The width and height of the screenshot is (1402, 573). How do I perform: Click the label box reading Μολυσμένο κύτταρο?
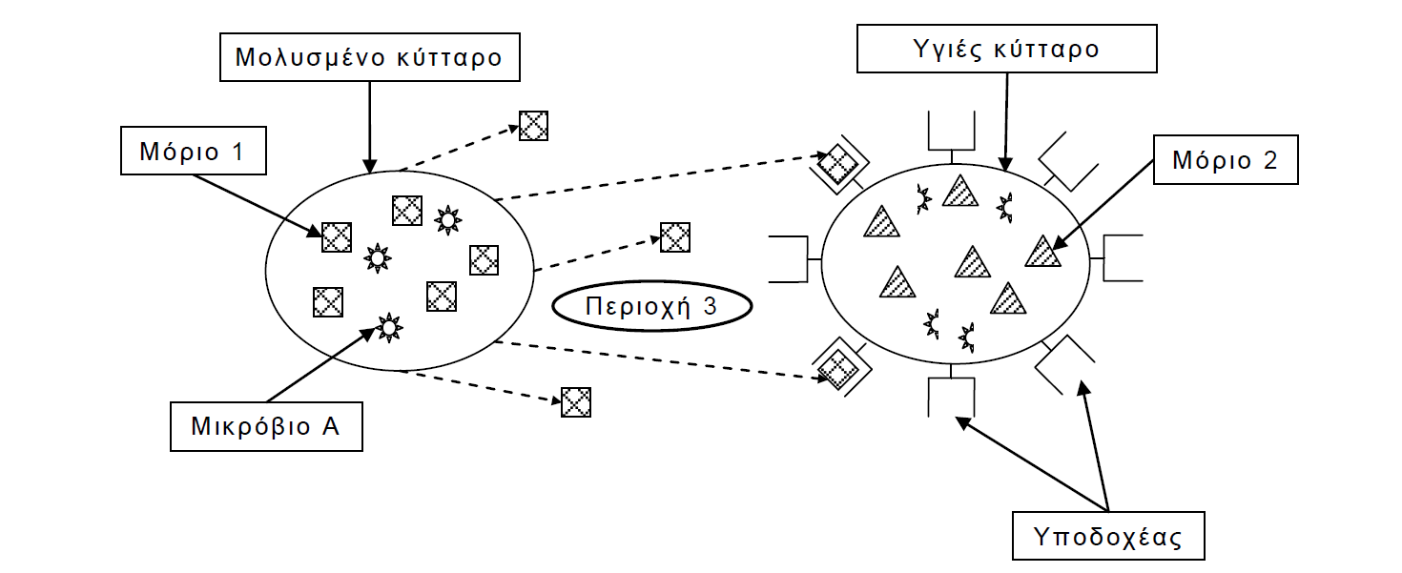[x=369, y=58]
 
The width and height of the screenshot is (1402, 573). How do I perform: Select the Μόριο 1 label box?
[x=193, y=153]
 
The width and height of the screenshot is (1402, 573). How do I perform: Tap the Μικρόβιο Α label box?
[x=267, y=426]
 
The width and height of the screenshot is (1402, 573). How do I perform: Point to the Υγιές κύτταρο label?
[x=1006, y=49]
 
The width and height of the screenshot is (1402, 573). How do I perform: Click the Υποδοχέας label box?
[x=1107, y=537]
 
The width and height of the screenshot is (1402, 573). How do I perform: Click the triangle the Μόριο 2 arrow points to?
[x=1042, y=252]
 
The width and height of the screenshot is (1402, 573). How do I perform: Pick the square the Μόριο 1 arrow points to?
[x=336, y=236]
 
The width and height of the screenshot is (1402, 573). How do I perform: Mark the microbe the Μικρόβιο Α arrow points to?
[x=388, y=327]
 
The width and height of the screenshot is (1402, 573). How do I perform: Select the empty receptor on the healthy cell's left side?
[x=791, y=258]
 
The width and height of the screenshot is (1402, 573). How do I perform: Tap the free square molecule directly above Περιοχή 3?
[x=675, y=236]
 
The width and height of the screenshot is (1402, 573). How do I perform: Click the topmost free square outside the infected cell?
[x=533, y=126]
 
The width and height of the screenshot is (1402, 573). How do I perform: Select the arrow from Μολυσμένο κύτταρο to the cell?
[x=369, y=125]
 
